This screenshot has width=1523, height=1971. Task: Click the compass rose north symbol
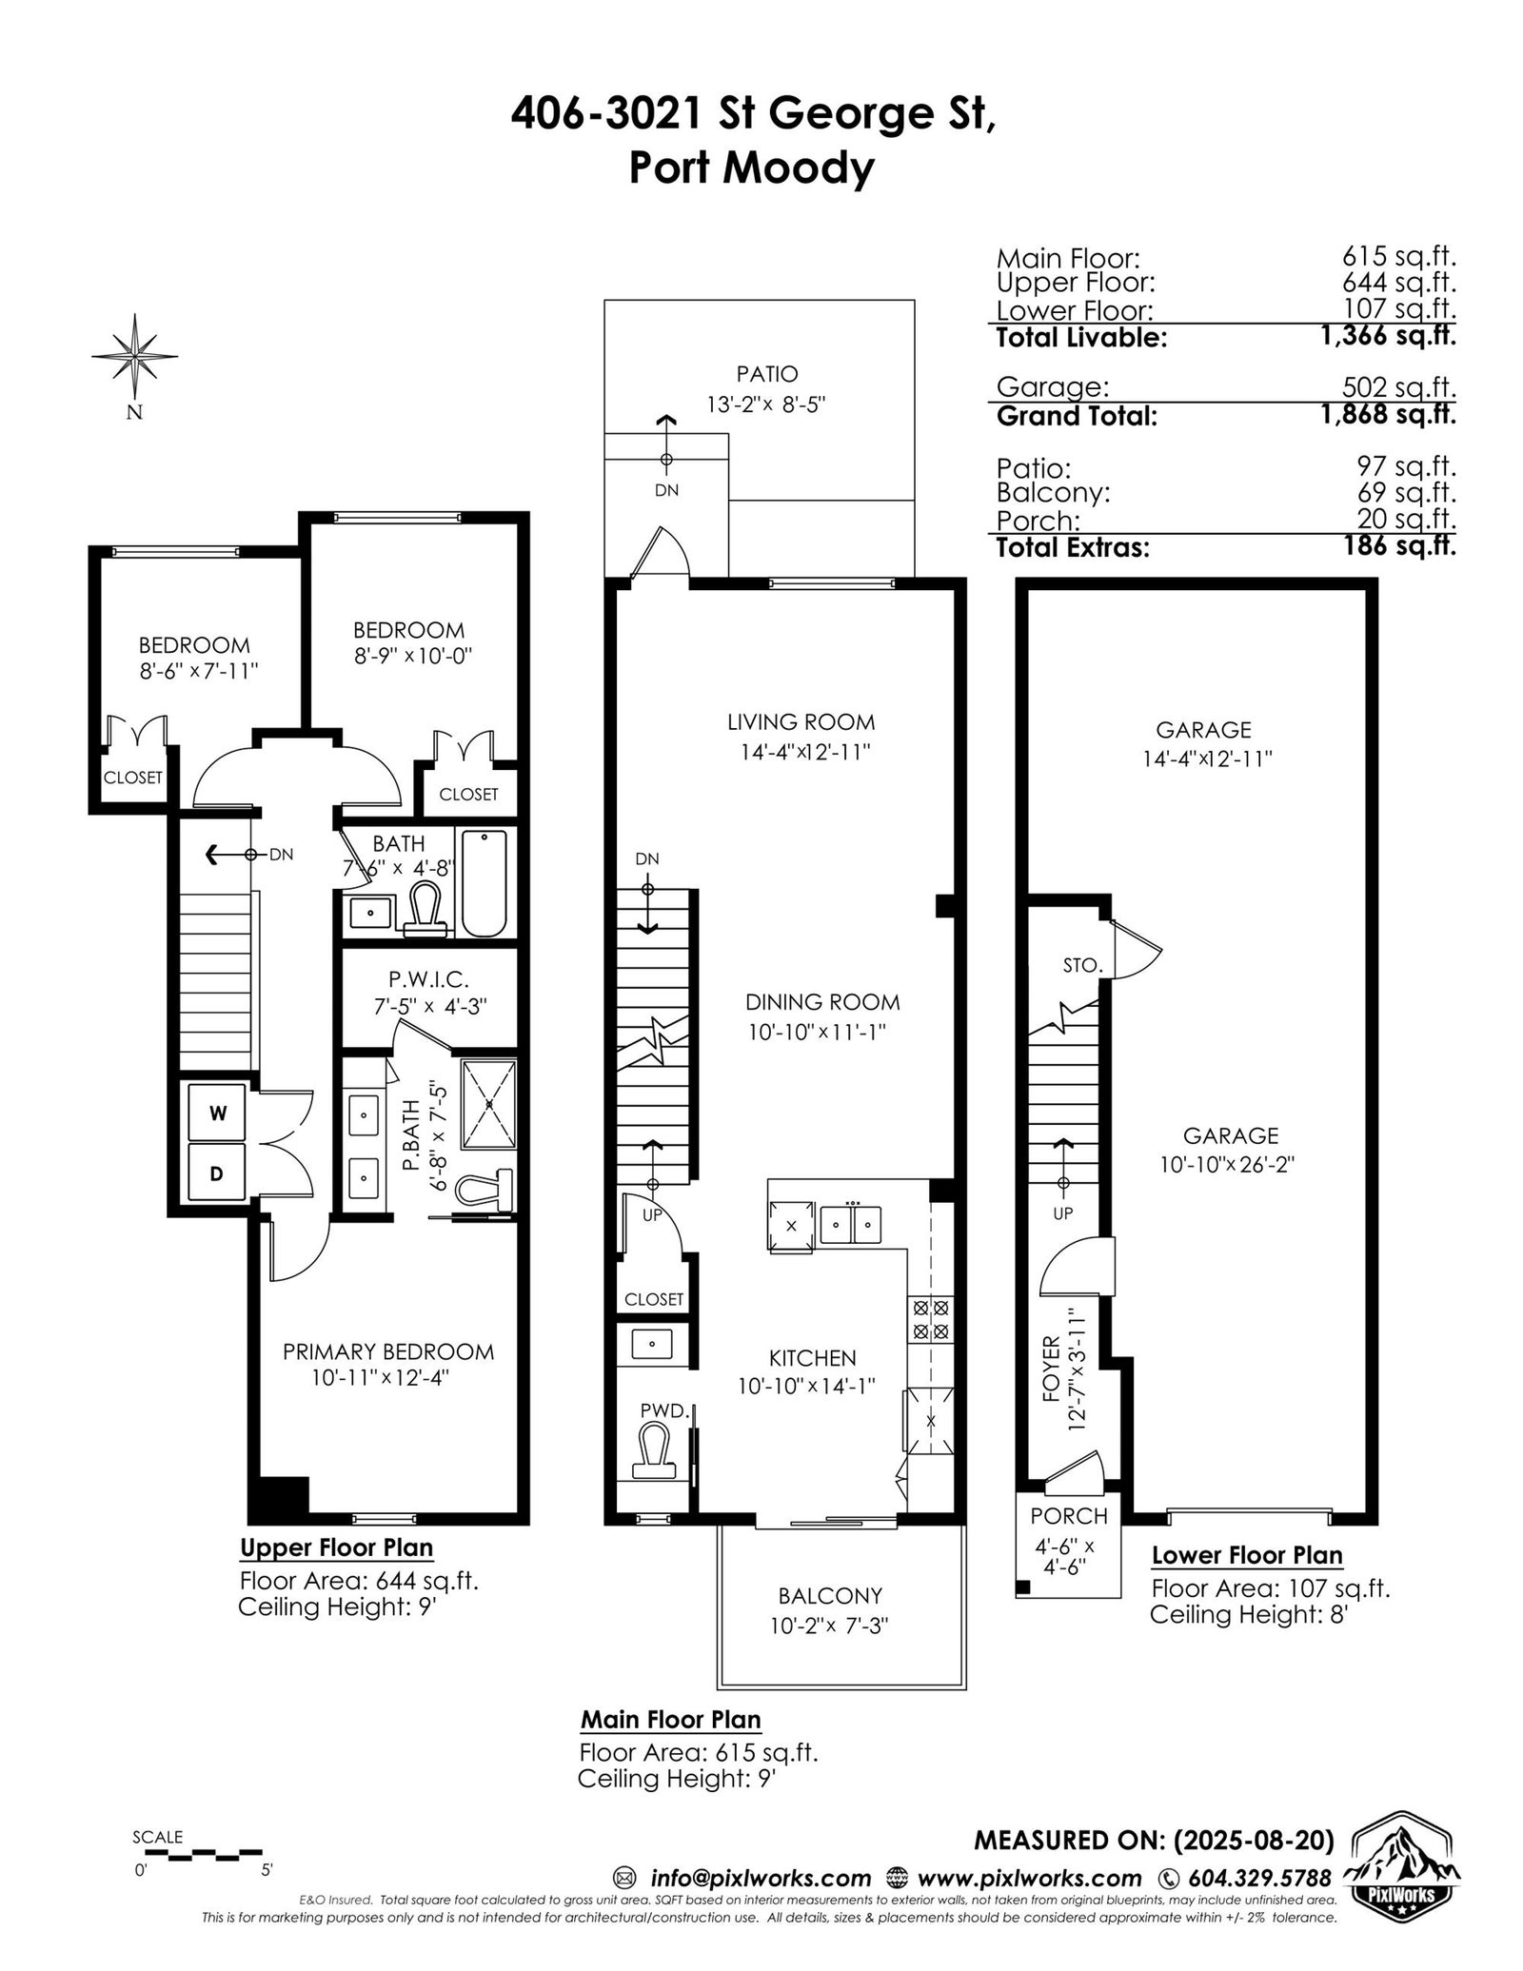[x=135, y=357]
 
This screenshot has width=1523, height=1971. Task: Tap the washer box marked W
[x=217, y=1113]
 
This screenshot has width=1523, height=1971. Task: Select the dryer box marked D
[x=217, y=1173]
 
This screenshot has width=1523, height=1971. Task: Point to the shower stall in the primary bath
[x=489, y=1104]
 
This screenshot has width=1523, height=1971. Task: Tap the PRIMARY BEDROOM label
[x=388, y=1351]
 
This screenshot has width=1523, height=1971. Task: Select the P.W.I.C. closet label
[x=428, y=978]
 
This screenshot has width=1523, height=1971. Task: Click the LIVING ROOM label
[x=801, y=722]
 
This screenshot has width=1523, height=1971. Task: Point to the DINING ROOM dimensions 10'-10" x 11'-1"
[x=817, y=1032]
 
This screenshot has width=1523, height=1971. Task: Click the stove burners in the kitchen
[x=931, y=1318]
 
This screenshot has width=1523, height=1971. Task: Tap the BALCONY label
[x=830, y=1595]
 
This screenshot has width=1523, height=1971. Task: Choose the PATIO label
[x=766, y=374]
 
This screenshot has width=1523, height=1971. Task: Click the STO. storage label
[x=1082, y=965]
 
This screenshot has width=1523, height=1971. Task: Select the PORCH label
[x=1069, y=1516]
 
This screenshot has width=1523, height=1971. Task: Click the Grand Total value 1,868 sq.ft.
[x=1388, y=415]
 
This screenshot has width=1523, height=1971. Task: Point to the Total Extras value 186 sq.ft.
[x=1402, y=546]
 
